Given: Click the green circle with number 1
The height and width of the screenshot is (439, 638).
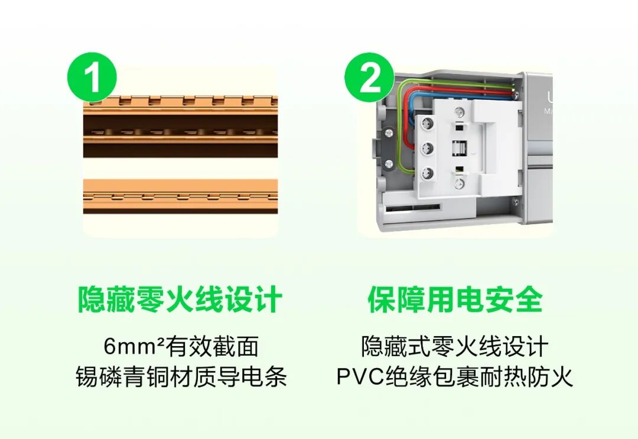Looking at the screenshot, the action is pos(92,77).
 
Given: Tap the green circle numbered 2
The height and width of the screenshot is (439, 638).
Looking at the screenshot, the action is pos(369,77).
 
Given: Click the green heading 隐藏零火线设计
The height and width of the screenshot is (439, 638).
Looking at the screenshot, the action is pos(180,299).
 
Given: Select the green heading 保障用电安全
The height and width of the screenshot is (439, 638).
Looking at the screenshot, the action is pos(455,299).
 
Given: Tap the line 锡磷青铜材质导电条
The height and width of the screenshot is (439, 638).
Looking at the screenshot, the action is pos(181,376).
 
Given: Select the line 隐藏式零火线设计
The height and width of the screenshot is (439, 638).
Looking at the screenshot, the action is pos(455,346).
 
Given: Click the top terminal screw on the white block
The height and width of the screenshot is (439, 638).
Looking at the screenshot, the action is pos(427,122).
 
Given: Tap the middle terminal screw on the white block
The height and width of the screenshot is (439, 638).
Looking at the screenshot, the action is pos(427,147).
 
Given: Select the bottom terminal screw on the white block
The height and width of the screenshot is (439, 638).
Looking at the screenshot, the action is pos(427,173).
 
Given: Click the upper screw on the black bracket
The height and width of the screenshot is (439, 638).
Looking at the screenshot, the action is pos(389,133).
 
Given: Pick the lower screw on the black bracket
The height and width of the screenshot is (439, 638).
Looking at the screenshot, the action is pos(389,164).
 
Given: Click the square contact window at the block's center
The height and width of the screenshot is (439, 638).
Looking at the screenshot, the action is pos(459,147).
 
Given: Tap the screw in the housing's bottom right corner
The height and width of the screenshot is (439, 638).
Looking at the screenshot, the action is pos(515,201).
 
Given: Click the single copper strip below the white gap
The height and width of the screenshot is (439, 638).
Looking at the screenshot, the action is pos(181,196).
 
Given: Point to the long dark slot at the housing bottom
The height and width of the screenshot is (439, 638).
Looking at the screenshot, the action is pos(412,209).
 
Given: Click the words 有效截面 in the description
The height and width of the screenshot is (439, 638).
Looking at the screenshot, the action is pos(212,346).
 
